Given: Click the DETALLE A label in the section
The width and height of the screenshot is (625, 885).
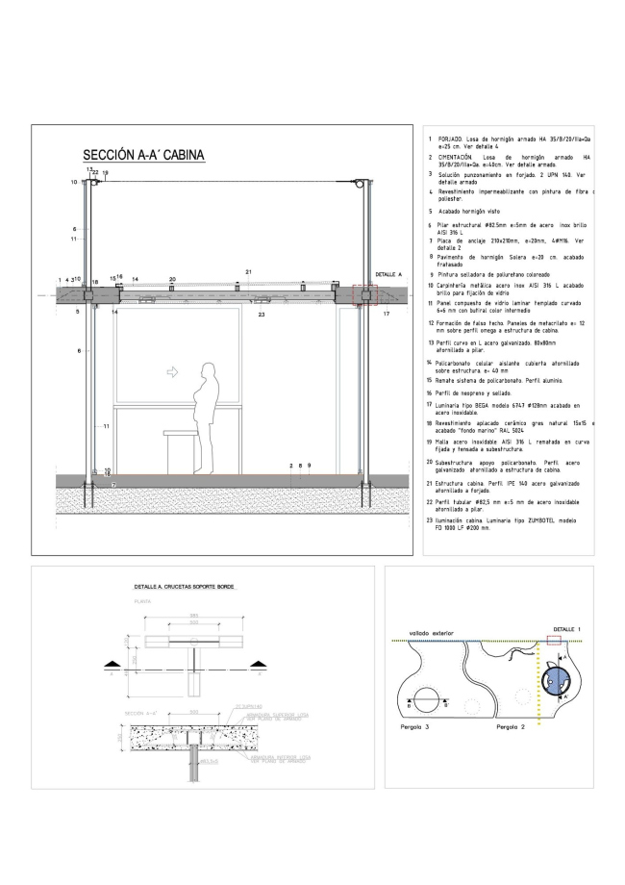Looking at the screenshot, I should click(x=387, y=274).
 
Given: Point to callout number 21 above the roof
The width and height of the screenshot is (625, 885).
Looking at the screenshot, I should click(x=247, y=272).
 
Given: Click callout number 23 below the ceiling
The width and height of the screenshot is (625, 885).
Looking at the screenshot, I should click(x=261, y=315).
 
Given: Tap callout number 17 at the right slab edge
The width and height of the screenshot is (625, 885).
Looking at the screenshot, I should click(x=387, y=314).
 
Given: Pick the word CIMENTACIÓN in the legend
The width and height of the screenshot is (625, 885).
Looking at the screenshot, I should click(x=460, y=157).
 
